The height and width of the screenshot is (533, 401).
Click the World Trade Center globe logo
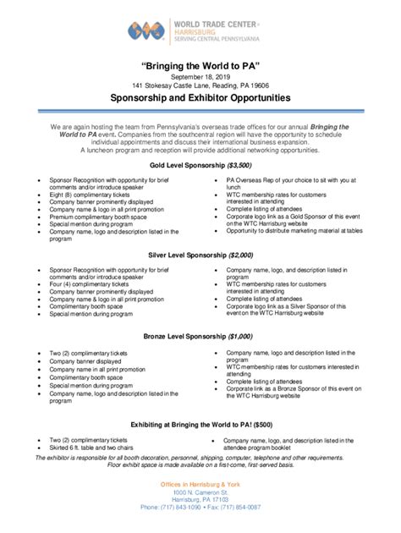pos(146,31)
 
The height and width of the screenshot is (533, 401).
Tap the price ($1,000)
pos(240,335)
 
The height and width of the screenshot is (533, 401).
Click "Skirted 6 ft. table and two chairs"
pos(95,448)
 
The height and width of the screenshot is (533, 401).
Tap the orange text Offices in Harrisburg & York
pos(200,482)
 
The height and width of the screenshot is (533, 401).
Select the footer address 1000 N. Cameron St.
pos(200,491)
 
